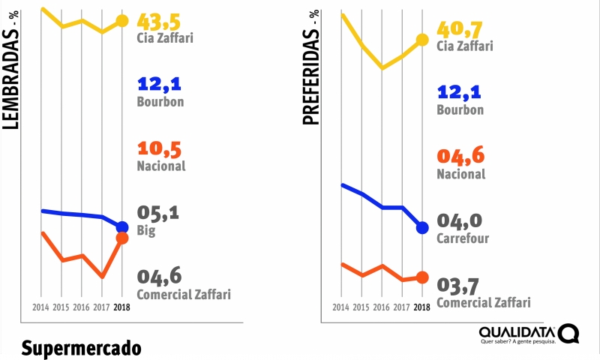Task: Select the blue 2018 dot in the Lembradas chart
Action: click(123, 226)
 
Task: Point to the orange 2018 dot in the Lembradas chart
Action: click(123, 238)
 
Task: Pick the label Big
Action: click(146, 231)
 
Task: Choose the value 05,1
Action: click(158, 214)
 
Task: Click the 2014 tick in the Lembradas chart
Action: click(41, 307)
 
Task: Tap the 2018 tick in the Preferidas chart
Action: click(422, 307)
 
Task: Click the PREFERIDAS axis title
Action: click(310, 67)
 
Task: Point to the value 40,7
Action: click(460, 29)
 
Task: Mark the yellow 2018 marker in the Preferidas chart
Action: click(422, 40)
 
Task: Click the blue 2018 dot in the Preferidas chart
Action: click(422, 227)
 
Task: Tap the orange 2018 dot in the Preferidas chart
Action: click(422, 277)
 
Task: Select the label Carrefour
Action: click(463, 239)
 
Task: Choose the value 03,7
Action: click(458, 286)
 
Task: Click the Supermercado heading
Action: click(81, 349)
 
